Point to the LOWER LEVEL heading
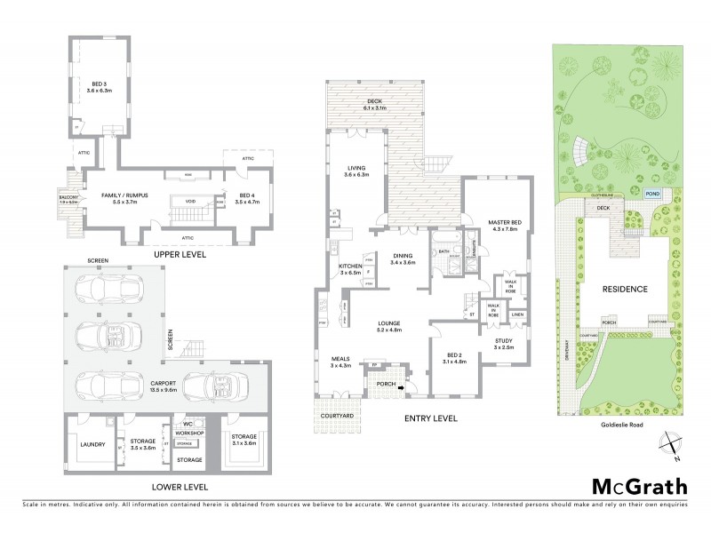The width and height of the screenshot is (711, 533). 180,488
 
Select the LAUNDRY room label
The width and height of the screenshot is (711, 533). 92,445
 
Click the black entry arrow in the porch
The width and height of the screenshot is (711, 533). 400,387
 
